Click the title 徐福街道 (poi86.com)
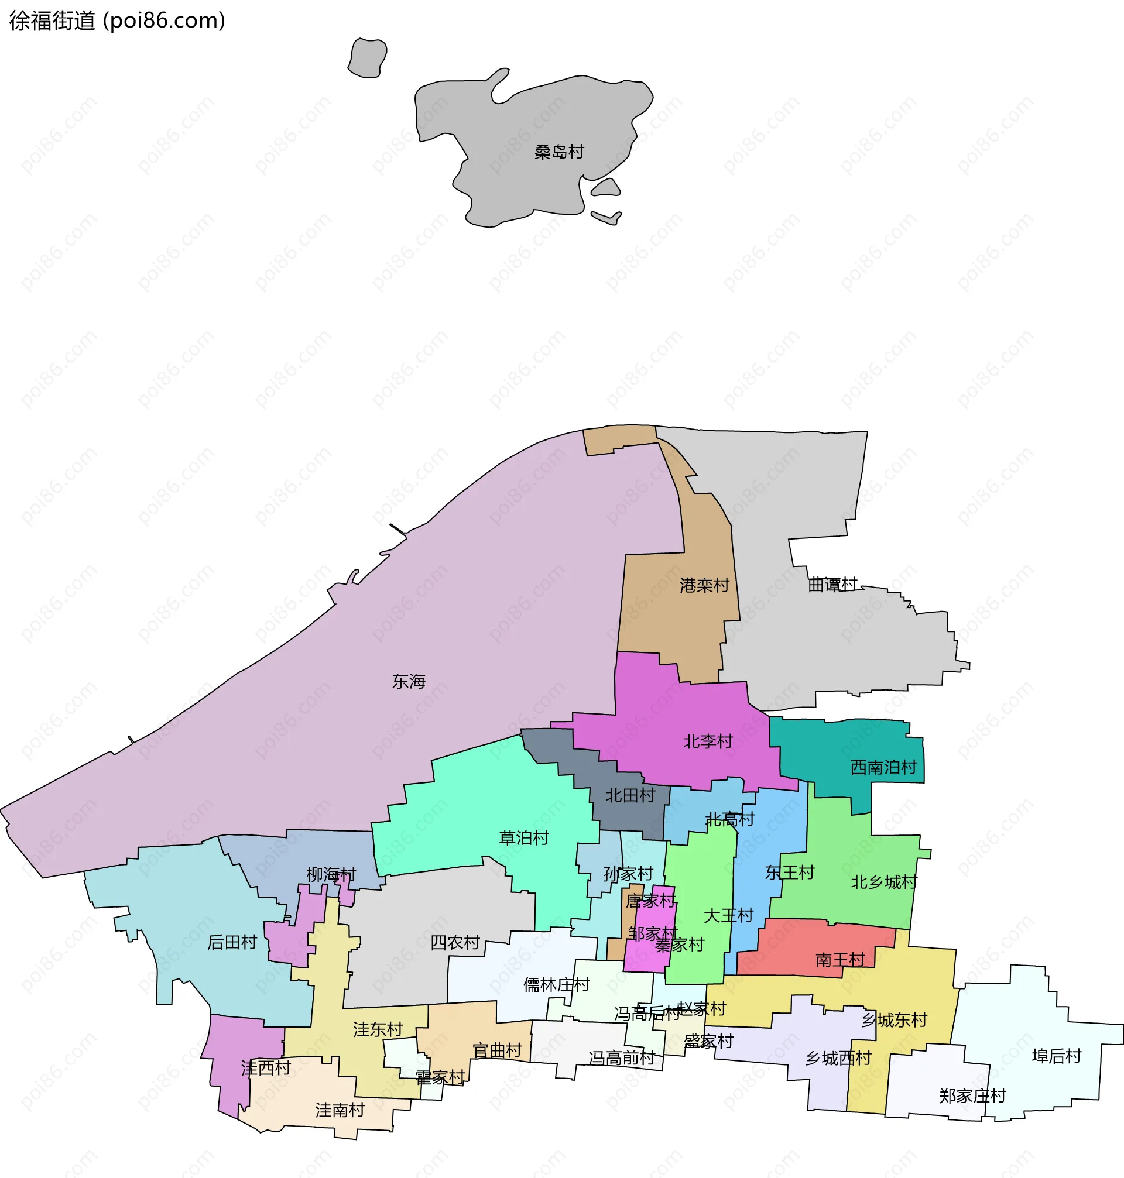coord(117,21)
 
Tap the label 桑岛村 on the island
coord(558,152)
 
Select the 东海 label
coord(409,682)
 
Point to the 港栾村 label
coord(704,586)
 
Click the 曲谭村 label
coord(832,585)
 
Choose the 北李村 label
coord(708,742)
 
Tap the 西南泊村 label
coord(883,768)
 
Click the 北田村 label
coord(630,796)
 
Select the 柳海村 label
coord(331,875)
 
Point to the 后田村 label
coord(232,943)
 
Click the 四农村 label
coord(455,943)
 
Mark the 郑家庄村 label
coord(972,1097)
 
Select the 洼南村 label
coord(340,1110)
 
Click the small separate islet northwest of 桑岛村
coord(366,58)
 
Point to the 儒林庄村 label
coord(556,985)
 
